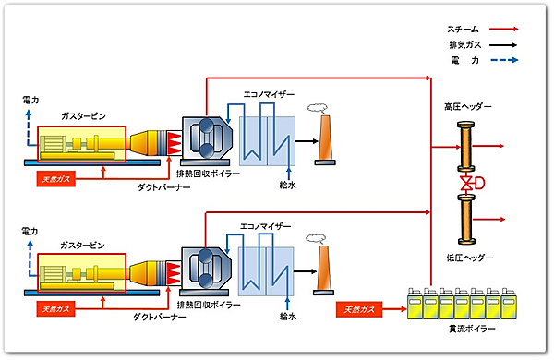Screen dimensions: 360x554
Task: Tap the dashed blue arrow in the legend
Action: point(501,60)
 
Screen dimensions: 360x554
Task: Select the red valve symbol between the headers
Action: point(466,185)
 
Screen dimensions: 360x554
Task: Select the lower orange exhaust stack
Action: point(325,269)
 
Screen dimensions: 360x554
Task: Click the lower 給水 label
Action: point(289,316)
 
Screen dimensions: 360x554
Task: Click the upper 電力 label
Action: point(30,99)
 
